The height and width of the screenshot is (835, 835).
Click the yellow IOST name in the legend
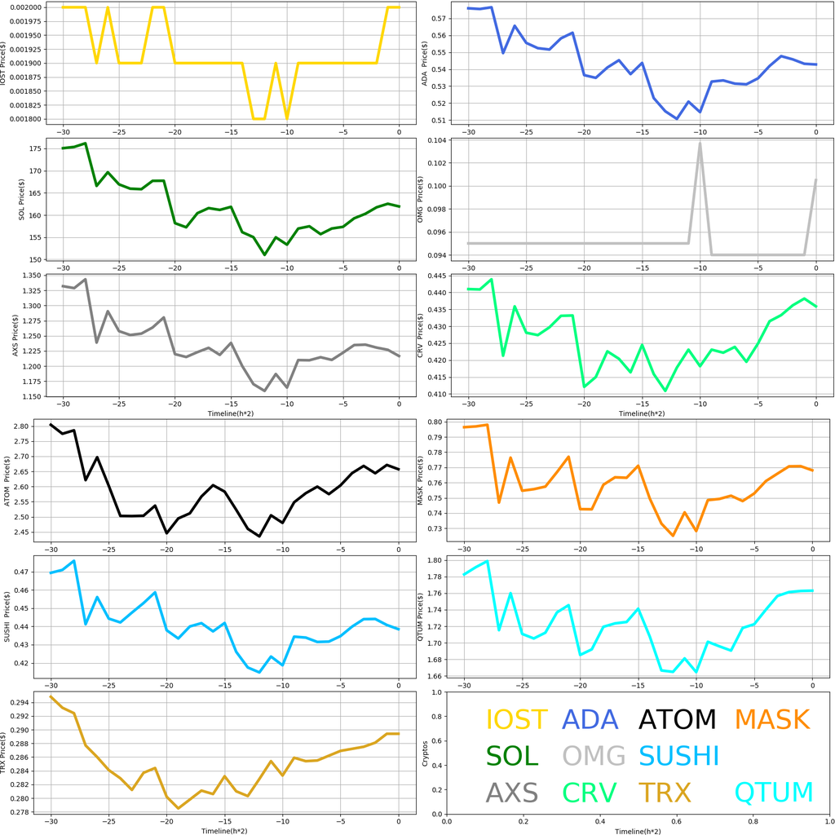point(516,719)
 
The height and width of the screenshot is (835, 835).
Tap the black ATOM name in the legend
point(677,719)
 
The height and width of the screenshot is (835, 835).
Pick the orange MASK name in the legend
point(771,719)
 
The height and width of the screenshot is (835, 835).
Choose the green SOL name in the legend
point(512,756)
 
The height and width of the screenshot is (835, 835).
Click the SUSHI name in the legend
point(678,756)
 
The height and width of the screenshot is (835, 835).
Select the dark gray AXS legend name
point(512,793)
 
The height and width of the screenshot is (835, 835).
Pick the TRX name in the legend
point(664,793)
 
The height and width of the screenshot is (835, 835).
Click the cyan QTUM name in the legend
point(774,793)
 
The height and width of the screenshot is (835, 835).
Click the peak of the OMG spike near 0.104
point(700,143)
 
